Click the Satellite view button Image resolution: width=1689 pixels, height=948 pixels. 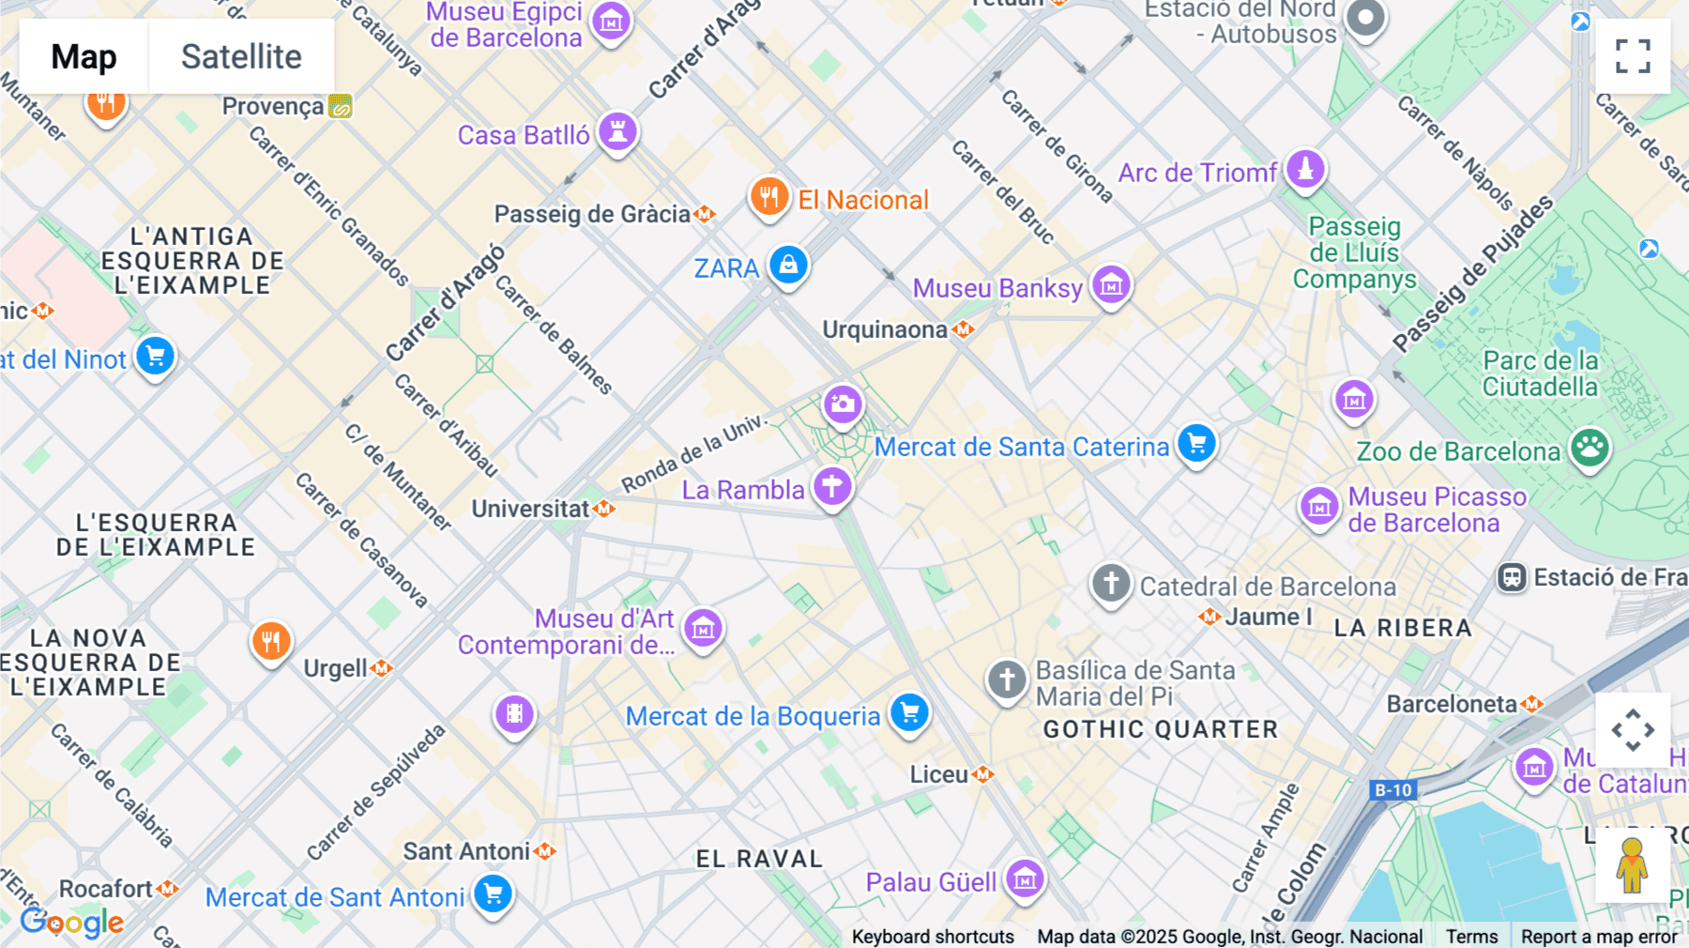click(241, 56)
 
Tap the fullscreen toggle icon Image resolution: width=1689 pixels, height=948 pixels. click(1633, 56)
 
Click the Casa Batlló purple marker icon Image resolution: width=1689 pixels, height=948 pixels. click(617, 132)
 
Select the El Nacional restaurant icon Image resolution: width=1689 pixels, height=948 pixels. click(768, 197)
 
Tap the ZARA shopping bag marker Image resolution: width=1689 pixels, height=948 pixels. click(788, 266)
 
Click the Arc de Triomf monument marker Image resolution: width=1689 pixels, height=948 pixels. click(1305, 170)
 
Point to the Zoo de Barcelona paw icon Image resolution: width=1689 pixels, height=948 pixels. click(1590, 449)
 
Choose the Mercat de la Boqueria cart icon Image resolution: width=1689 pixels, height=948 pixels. click(909, 713)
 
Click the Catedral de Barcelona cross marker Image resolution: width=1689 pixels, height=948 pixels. click(1111, 584)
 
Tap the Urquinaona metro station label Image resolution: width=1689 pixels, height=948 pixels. click(885, 330)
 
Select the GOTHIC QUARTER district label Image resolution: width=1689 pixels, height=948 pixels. click(1161, 729)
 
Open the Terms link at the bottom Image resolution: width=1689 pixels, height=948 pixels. click(1471, 937)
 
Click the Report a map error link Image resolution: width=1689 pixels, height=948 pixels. click(1599, 937)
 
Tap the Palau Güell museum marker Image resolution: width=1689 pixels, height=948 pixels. click(1025, 879)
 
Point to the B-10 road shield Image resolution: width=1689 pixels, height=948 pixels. click(1392, 790)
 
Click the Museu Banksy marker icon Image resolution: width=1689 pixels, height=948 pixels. click(1111, 284)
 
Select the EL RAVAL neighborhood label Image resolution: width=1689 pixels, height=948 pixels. click(759, 859)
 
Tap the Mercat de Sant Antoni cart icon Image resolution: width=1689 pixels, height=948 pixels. click(493, 894)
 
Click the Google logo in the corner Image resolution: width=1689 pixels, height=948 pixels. click(72, 923)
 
